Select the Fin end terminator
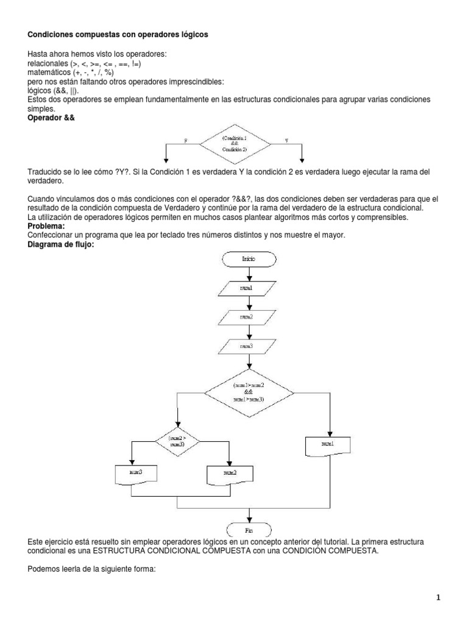click(x=249, y=528)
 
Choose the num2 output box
click(x=229, y=473)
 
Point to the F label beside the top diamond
click(x=186, y=140)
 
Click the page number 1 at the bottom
click(x=439, y=599)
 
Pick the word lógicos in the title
click(x=194, y=35)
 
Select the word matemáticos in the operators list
click(x=49, y=72)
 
